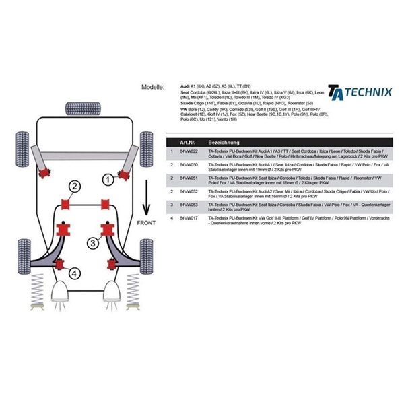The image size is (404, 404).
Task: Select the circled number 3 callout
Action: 92,242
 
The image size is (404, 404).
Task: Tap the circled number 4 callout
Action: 73,273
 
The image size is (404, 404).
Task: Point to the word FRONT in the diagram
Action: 146,223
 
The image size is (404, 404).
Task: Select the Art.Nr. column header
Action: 188,143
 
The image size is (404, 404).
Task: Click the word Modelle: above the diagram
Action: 154,88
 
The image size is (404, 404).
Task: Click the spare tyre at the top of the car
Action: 78,107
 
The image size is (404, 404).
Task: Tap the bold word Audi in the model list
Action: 186,88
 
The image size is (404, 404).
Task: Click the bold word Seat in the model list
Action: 187,94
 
